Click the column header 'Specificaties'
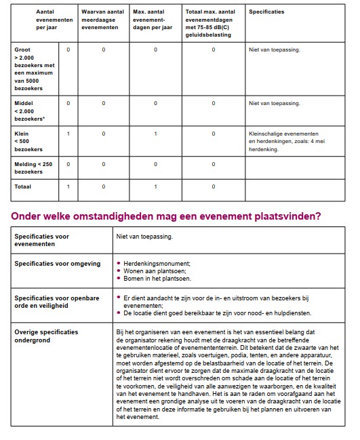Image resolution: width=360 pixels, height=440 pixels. (x=266, y=12)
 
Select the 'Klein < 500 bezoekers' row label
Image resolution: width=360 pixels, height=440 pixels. (x=28, y=141)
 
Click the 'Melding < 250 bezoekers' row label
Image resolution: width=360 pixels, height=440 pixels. (x=33, y=167)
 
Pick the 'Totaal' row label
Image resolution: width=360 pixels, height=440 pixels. (x=23, y=186)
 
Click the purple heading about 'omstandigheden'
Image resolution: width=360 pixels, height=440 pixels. (x=166, y=216)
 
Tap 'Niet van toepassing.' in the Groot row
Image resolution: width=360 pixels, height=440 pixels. (x=274, y=49)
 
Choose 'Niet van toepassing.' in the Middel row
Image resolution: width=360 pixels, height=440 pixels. (x=274, y=103)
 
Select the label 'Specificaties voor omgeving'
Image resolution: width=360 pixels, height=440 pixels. (x=57, y=264)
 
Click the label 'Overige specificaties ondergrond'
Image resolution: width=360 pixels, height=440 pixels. (x=46, y=336)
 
